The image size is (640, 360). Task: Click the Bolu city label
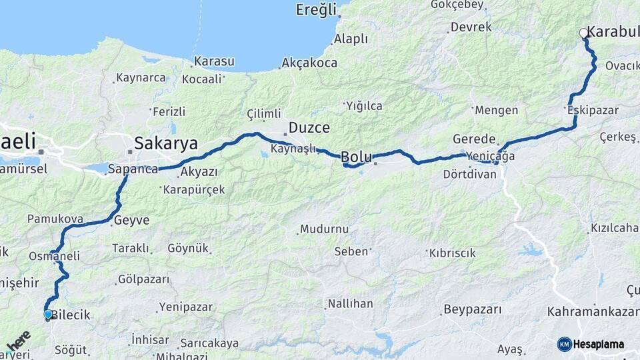[x=356, y=157]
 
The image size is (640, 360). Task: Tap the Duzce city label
[x=309, y=127]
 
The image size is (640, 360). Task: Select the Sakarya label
[x=166, y=143]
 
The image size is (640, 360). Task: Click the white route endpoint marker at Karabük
[x=584, y=33]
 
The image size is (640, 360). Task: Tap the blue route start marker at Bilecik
[x=48, y=314]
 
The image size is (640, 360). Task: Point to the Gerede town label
[x=474, y=139]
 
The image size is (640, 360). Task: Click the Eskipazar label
[x=593, y=110]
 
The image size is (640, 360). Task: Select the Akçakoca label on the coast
[x=309, y=63]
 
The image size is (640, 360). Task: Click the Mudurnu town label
[x=324, y=229]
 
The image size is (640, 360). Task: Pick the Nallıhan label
[x=351, y=304]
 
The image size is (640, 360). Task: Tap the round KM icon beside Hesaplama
[x=565, y=344]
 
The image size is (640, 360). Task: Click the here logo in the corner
[x=19, y=341]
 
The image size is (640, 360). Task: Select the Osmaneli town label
[x=54, y=256]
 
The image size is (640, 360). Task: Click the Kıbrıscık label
[x=452, y=253]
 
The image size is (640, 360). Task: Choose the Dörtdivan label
[x=469, y=174]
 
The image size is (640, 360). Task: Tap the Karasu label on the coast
[x=213, y=61]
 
